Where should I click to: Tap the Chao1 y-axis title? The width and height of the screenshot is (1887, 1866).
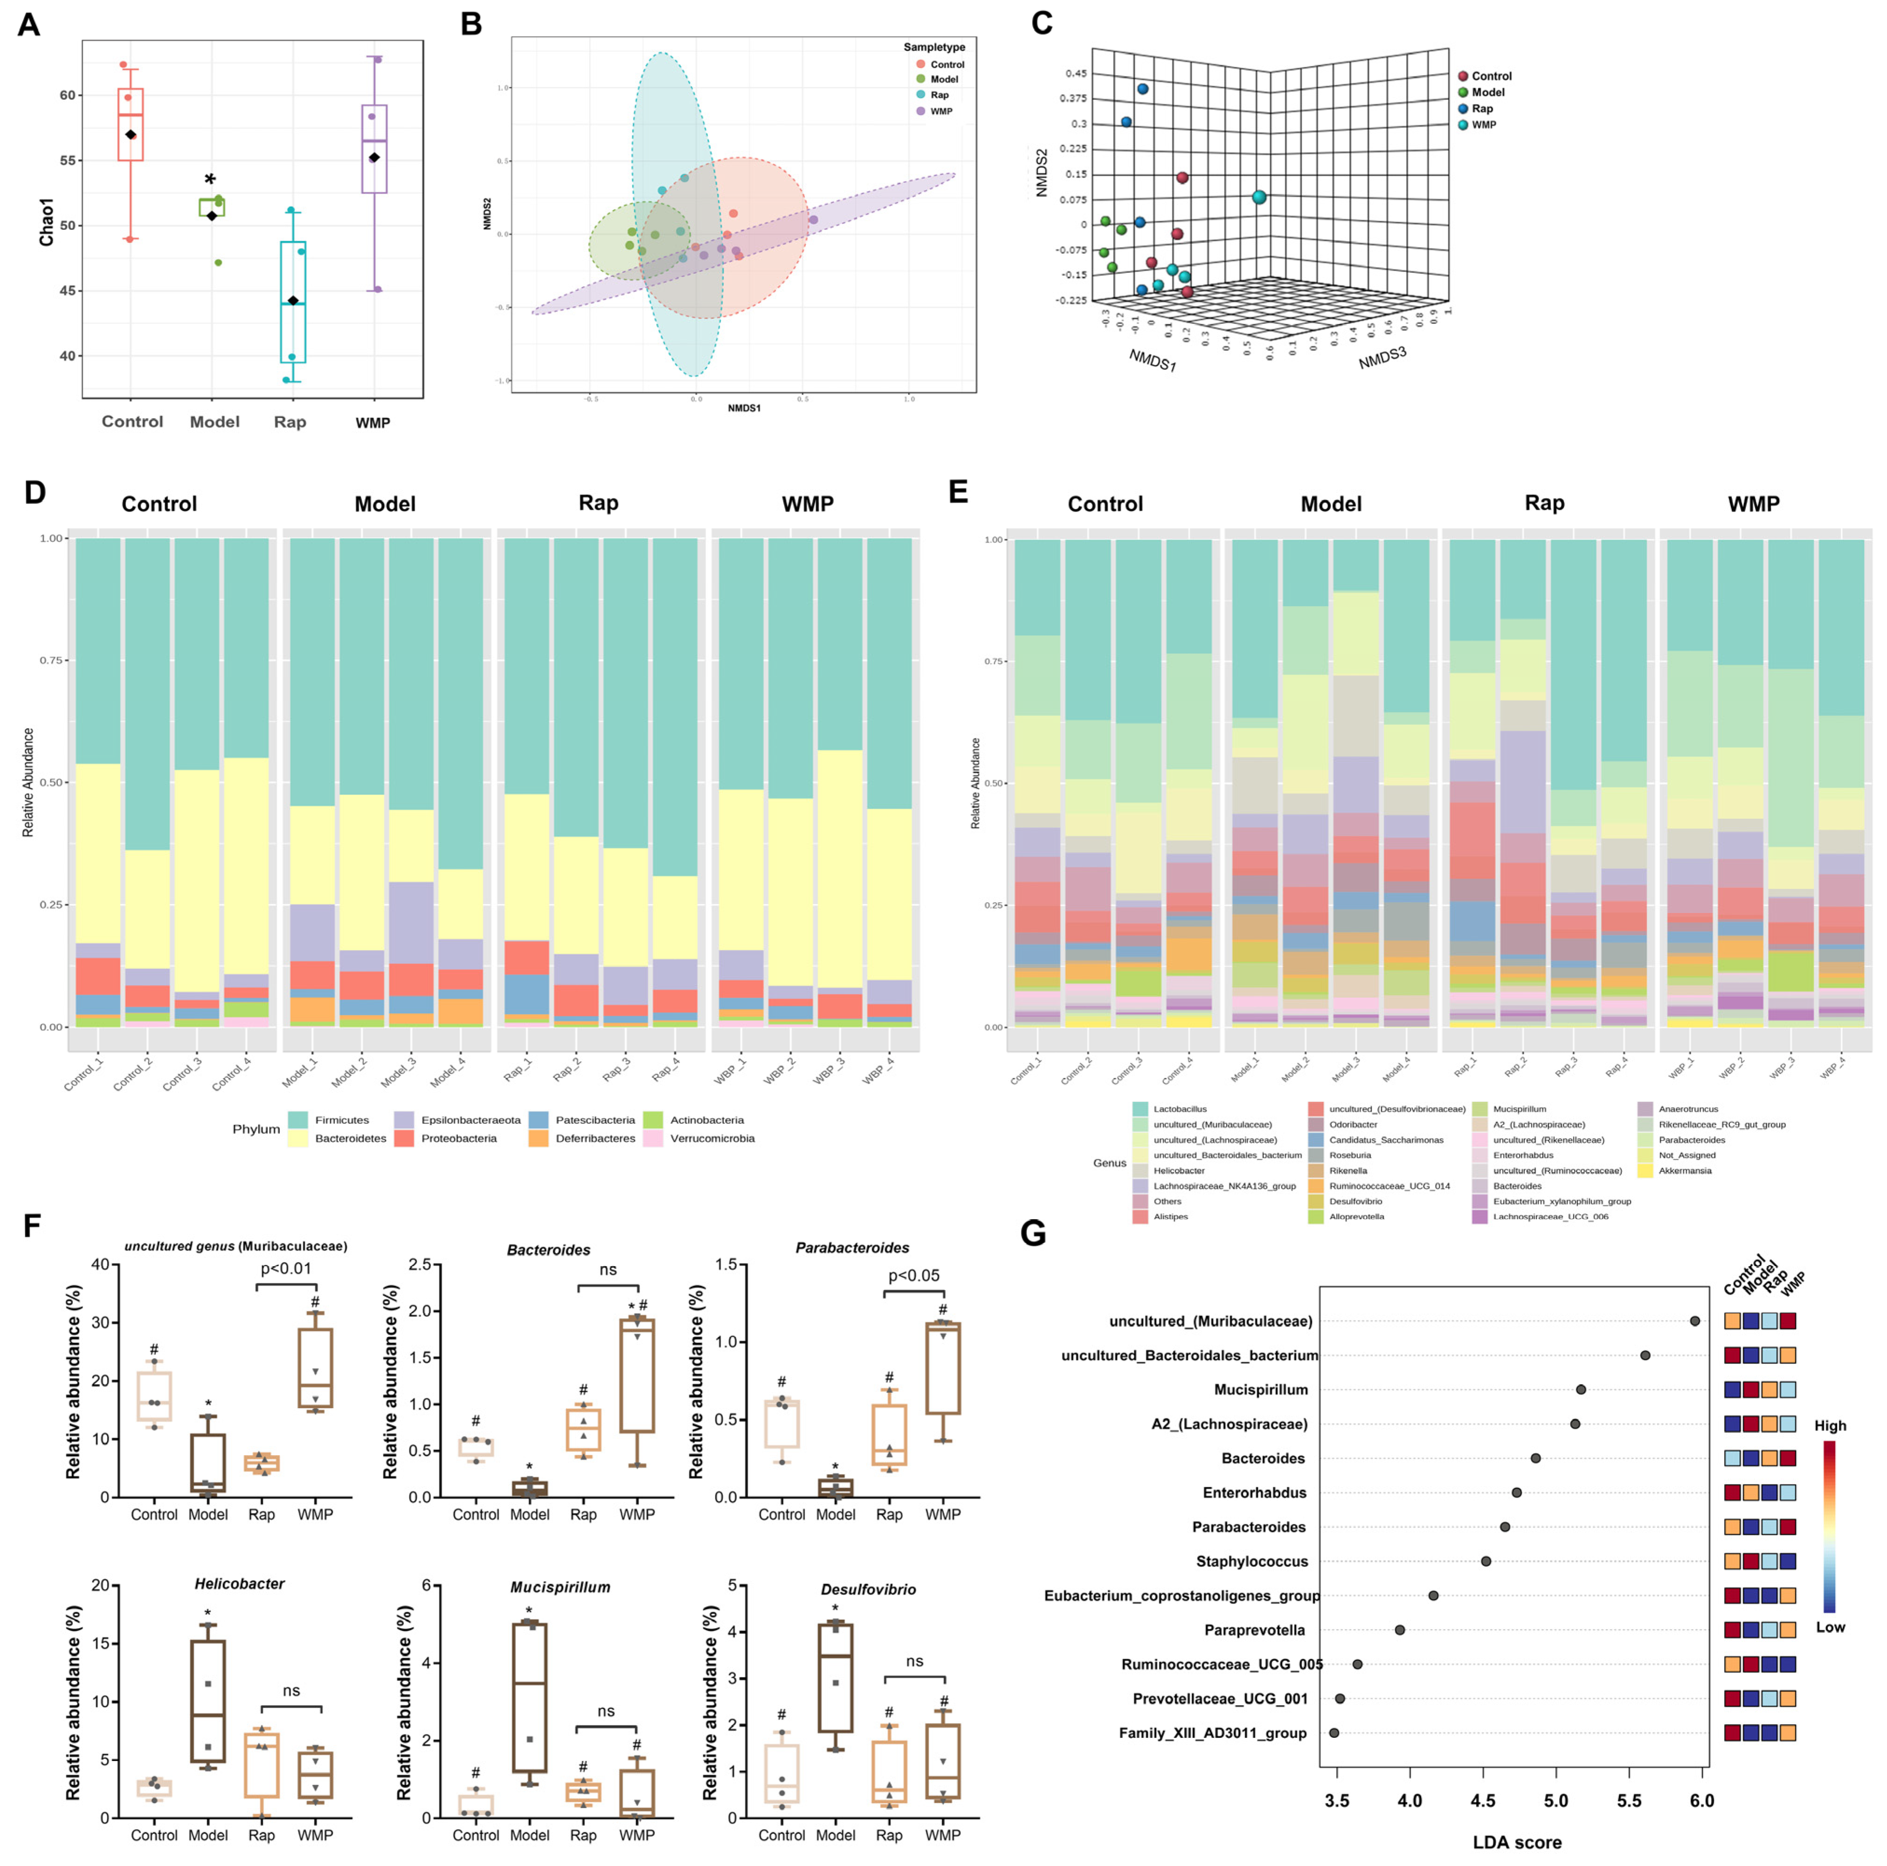46,221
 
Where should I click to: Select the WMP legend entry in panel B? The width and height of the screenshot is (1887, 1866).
941,111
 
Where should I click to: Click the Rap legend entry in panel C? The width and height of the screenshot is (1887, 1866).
1482,108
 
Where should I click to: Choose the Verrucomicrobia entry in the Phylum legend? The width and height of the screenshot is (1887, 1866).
712,1139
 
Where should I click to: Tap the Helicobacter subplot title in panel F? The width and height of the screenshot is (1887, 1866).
239,1584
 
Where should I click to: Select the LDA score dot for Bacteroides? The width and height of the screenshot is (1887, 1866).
1535,1458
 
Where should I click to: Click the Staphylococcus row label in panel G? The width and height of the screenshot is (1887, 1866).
1251,1562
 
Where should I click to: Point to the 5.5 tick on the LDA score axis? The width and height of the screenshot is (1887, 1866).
1629,1802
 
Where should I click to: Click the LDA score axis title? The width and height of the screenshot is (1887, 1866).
1517,1843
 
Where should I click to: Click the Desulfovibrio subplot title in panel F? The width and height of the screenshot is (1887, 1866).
868,1590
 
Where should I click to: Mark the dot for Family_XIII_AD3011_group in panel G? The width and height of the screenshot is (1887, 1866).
1334,1733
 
